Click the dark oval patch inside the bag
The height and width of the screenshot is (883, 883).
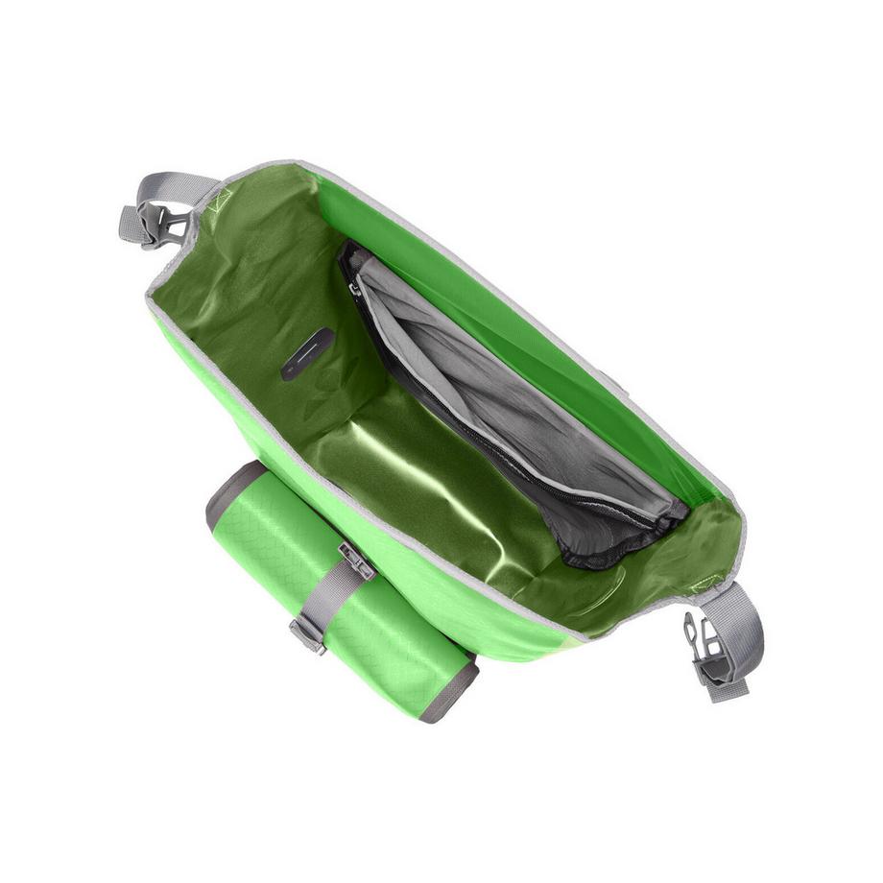[307, 353]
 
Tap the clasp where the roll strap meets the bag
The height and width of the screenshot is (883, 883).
[356, 561]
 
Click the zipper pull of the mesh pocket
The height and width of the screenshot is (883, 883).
[355, 286]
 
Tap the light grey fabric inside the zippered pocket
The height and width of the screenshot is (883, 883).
[499, 384]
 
